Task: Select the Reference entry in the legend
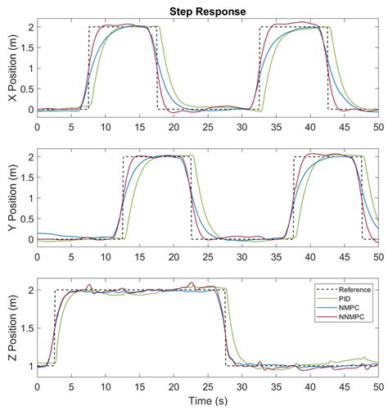tap(355, 289)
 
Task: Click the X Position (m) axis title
tap(10, 68)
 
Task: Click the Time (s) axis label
tap(208, 402)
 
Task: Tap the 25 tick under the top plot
tap(208, 127)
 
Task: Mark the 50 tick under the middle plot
tap(378, 256)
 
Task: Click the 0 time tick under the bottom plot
tap(38, 386)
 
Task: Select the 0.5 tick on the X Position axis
tap(25, 88)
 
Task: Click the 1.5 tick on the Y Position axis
tap(25, 177)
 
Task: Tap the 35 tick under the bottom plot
tap(276, 386)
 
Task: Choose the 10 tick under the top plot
tap(106, 127)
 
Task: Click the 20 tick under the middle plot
tap(174, 256)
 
